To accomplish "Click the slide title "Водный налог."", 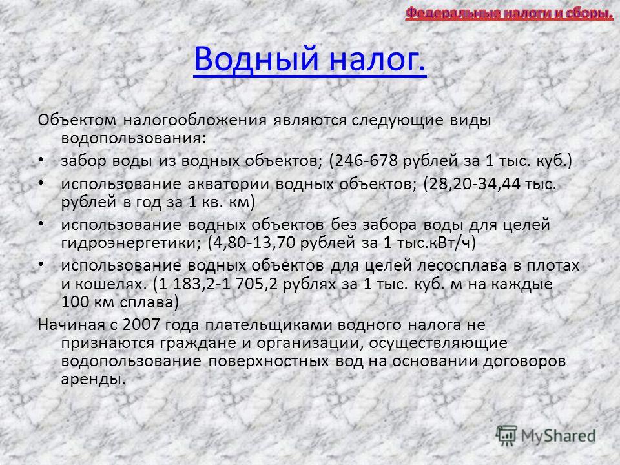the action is click(x=310, y=59).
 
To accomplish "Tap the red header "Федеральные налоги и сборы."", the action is click(x=510, y=14).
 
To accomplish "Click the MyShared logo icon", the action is click(x=506, y=436).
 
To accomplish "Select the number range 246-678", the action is click(x=366, y=161).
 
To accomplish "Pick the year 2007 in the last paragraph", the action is click(x=141, y=325).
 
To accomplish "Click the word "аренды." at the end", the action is click(x=93, y=380).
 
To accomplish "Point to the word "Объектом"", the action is click(x=77, y=120).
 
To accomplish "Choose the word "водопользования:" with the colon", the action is click(x=134, y=139).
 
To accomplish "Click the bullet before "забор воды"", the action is click(x=41, y=160).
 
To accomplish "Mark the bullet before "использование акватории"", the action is click(x=41, y=183).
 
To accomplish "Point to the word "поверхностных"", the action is click(x=269, y=362).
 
